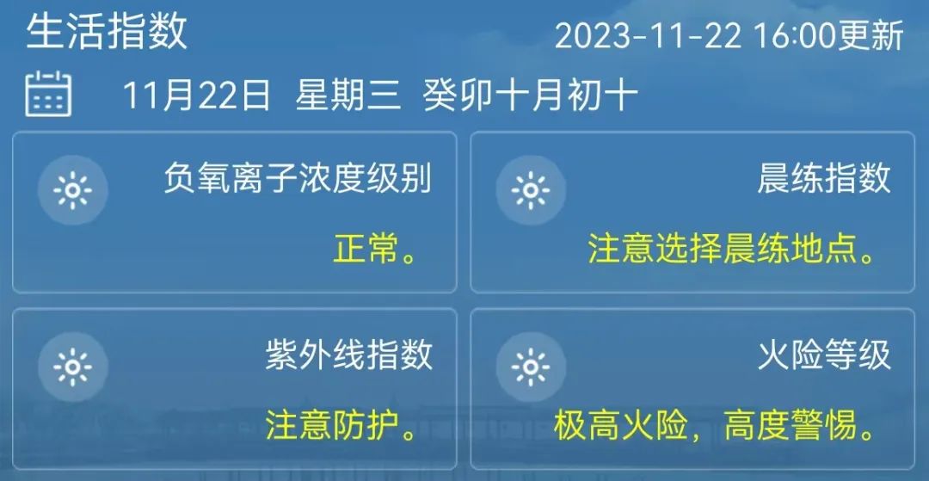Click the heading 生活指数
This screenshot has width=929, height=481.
[x=107, y=31]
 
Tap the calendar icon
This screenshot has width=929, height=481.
[x=48, y=94]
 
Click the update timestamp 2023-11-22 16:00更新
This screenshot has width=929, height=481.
[x=729, y=35]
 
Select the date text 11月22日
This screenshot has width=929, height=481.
[x=197, y=96]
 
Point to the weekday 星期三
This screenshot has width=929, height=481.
[x=348, y=96]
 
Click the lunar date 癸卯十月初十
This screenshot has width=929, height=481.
[x=530, y=96]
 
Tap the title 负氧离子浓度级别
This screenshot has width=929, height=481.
[x=298, y=178]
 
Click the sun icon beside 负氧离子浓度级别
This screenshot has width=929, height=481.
[x=73, y=191]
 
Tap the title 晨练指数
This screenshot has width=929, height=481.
[x=824, y=178]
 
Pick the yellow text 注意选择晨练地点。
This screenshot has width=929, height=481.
[x=732, y=250]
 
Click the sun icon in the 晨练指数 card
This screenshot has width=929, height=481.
[x=531, y=191]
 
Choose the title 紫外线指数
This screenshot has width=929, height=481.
[x=349, y=355]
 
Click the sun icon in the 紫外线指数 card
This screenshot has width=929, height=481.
[x=73, y=367]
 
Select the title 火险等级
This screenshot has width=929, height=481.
[x=824, y=355]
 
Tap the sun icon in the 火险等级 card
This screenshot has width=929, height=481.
[x=531, y=367]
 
